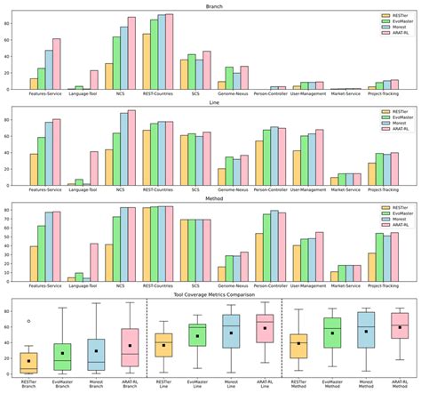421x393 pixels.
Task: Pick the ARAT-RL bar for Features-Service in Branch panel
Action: coord(57,64)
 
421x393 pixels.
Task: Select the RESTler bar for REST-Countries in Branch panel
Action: coord(147,61)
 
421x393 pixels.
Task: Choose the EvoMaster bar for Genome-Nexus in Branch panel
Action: coord(229,78)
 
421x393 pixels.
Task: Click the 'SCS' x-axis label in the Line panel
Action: coord(195,191)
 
